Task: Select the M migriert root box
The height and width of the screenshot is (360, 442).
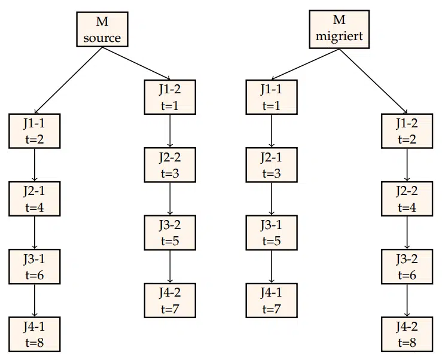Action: (x=340, y=30)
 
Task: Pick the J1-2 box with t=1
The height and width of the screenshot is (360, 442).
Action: (x=170, y=97)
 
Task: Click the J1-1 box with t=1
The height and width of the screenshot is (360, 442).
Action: (x=272, y=97)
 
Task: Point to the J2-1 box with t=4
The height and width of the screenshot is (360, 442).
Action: (x=34, y=199)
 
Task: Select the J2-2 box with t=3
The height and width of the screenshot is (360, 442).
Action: (x=170, y=165)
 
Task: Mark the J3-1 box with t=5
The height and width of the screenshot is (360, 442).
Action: (x=272, y=233)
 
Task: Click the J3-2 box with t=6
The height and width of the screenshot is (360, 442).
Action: (x=407, y=267)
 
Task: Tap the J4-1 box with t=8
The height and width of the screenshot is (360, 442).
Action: (x=34, y=335)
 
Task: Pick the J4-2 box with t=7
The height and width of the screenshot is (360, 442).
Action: (x=170, y=301)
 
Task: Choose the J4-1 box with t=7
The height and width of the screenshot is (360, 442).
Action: (x=272, y=301)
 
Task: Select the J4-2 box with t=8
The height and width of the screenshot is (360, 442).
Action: (x=407, y=335)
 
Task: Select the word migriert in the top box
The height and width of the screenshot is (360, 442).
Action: (x=340, y=37)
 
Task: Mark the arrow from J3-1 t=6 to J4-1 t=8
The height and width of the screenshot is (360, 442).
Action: (x=34, y=302)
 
